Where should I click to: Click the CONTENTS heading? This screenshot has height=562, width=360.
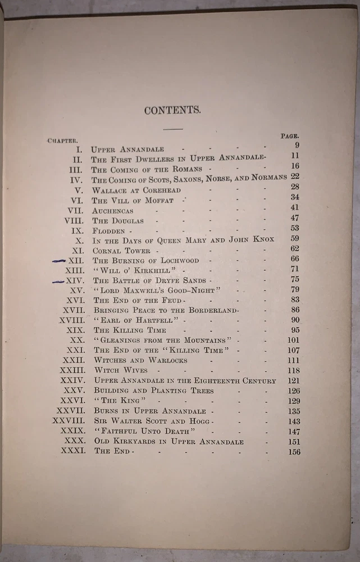point(172,110)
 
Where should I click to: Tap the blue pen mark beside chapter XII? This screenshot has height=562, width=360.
point(58,261)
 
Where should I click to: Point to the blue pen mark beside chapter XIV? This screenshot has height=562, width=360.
point(58,281)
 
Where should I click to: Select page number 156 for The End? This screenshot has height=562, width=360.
point(294,452)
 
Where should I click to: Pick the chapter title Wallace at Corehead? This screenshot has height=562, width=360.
point(136,191)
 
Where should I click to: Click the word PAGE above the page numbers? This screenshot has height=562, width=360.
point(289,136)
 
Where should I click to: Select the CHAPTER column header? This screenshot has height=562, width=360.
point(62,140)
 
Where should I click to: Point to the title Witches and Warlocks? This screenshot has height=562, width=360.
point(140,360)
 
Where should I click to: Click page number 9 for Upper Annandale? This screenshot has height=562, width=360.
point(296,146)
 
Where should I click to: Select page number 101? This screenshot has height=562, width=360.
point(293,339)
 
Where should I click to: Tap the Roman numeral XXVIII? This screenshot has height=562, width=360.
point(69,420)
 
